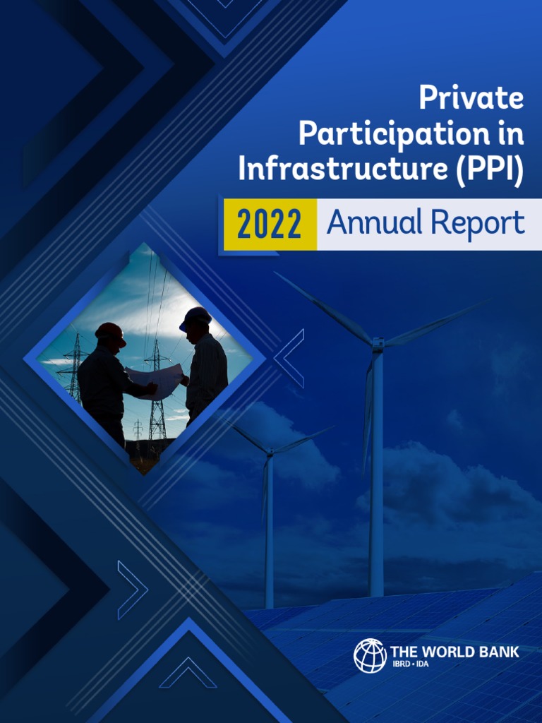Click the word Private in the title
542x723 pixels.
click(471, 97)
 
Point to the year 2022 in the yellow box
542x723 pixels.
click(269, 225)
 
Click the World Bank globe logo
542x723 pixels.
click(370, 655)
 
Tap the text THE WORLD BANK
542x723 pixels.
click(454, 651)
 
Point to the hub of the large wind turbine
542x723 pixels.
click(378, 345)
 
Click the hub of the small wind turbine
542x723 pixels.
click(269, 455)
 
